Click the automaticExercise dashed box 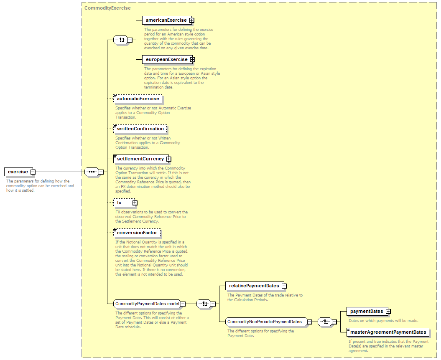pos(138,99)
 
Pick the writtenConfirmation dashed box pos(140,129)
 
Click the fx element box pos(124,203)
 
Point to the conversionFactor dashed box pos(137,233)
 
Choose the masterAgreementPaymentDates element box pos(388,332)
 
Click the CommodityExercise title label pos(107,8)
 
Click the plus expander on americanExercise pos(191,20)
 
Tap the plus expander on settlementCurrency pos(168,159)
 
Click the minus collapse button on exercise pos(33,172)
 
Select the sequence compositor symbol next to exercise pos(92,172)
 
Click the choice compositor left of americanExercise pos(121,40)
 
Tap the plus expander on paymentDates pos(388,312)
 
